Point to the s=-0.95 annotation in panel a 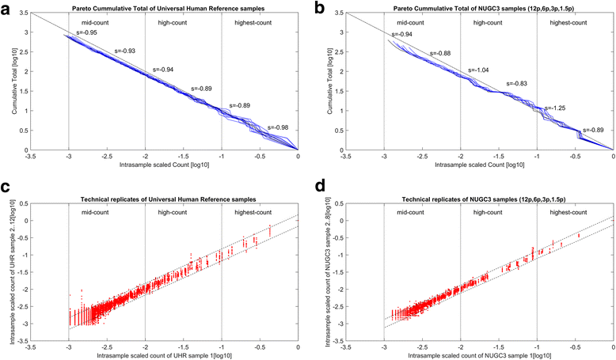point(86,33)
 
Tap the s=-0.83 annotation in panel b point(518,83)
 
